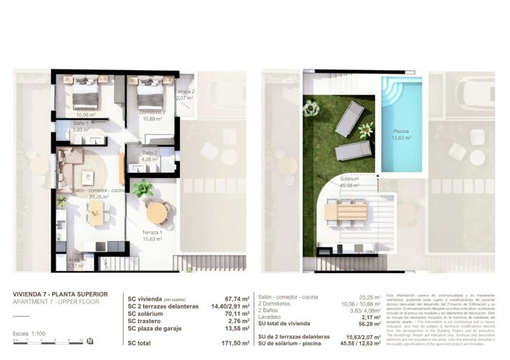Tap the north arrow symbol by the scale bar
(x=90, y=340)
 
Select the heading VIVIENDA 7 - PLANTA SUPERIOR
(x=61, y=294)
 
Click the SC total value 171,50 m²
(x=235, y=343)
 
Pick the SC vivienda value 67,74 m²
(x=237, y=297)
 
